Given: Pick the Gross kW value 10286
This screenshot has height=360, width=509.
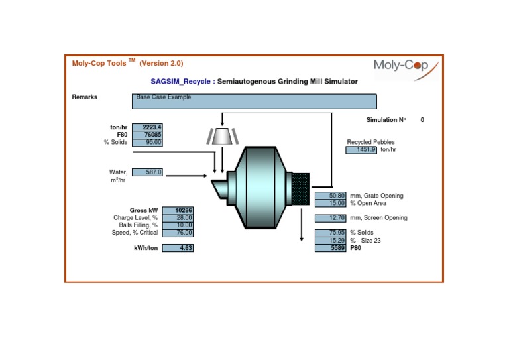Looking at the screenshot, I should pos(178,210).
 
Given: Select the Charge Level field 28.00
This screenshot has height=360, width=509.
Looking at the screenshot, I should pos(178,217).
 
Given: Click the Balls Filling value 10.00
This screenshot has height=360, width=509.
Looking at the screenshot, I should pos(178,225).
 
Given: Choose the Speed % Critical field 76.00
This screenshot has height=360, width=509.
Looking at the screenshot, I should pos(178,233).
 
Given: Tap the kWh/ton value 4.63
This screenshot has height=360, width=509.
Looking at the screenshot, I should pos(178,248).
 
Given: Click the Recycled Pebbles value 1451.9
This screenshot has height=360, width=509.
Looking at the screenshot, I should pos(361,150).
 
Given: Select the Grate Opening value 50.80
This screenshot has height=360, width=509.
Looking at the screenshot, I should pos(330,196).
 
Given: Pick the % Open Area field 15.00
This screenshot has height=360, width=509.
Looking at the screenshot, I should pos(330,203).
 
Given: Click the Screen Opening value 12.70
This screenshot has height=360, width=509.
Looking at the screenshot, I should pos(330,218).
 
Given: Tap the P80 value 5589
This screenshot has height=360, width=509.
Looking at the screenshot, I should pos(330,248).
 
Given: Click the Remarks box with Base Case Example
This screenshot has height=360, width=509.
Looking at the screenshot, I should pos(254,101).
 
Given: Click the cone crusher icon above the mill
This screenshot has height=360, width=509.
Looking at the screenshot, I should pos(222,135).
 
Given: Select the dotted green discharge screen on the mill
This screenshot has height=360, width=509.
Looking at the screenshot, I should pos(301,188).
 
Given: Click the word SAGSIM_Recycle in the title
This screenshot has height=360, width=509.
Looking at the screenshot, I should pos(180,82).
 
